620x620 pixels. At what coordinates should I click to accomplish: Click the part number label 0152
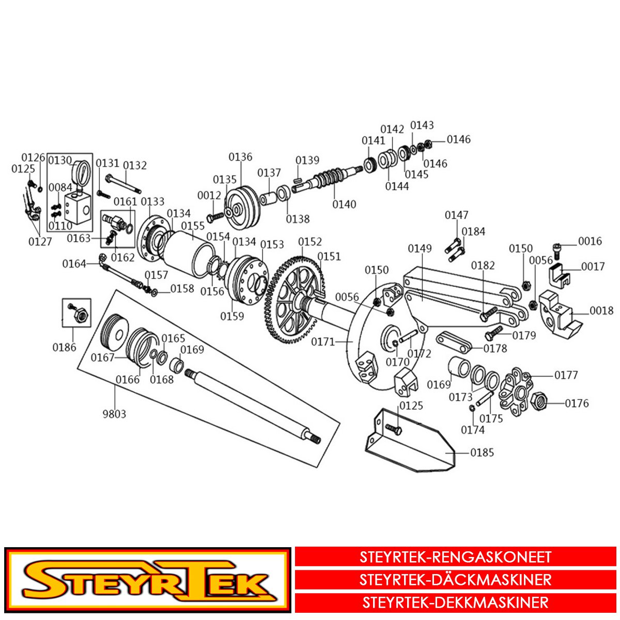310,242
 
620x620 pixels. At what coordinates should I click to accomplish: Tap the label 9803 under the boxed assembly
114,414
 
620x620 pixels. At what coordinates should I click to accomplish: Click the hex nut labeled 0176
538,400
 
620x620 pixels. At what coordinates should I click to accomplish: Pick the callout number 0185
482,453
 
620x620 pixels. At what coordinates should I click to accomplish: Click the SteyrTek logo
147,580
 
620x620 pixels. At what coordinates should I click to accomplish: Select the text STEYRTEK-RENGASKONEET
455,557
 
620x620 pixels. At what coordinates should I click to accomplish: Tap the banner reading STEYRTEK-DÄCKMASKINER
455,580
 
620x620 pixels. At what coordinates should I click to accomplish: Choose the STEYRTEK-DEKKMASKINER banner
455,602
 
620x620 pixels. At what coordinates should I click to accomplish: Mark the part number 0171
323,342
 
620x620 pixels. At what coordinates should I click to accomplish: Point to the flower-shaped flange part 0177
516,390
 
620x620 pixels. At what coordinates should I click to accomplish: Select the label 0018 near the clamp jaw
601,311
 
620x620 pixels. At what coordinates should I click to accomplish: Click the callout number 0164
74,264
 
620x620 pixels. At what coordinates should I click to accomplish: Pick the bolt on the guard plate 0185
393,428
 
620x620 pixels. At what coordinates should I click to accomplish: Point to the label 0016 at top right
590,241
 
